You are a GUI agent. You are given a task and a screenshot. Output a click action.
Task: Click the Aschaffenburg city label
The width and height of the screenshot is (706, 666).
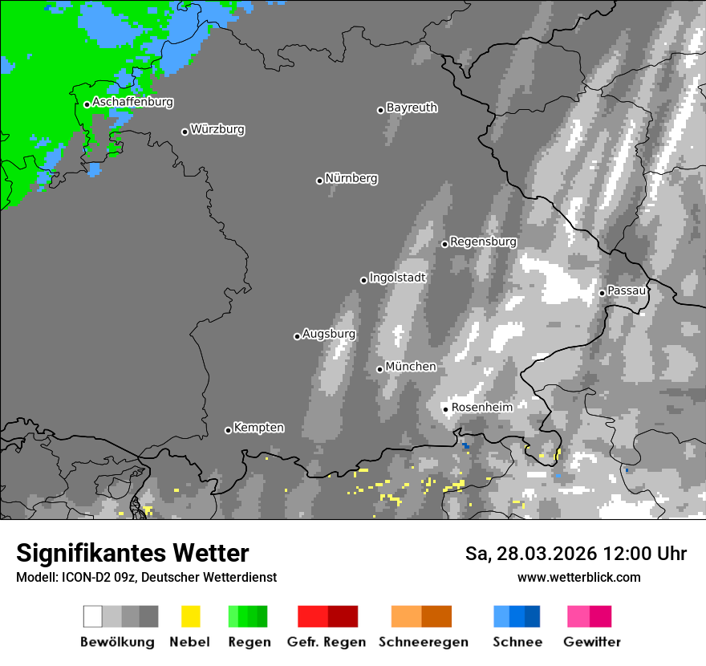pyautogui.click(x=132, y=103)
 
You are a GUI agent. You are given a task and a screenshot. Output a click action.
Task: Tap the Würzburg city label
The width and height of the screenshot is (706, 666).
pyautogui.click(x=217, y=129)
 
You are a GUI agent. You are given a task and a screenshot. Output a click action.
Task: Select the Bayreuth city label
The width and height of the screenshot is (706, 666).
pyautogui.click(x=412, y=108)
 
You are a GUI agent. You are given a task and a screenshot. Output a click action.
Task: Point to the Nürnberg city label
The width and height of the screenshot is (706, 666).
pyautogui.click(x=351, y=178)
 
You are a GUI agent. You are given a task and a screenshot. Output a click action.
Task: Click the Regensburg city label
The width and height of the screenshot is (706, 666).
pyautogui.click(x=483, y=242)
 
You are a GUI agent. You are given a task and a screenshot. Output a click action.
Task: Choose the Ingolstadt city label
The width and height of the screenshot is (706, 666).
pyautogui.click(x=397, y=278)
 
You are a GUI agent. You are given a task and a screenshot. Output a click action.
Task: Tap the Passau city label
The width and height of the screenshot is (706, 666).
pyautogui.click(x=627, y=290)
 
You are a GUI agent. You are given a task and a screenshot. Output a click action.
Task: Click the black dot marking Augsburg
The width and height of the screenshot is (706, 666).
pyautogui.click(x=297, y=336)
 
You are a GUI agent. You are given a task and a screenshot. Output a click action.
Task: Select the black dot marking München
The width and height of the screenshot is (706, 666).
pyautogui.click(x=380, y=369)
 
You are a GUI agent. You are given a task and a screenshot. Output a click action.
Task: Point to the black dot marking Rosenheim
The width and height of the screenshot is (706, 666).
pyautogui.click(x=446, y=409)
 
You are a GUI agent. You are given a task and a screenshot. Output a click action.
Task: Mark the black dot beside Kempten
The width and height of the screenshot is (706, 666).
pyautogui.click(x=228, y=430)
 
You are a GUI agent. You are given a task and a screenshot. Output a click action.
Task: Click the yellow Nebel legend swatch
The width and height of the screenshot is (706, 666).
pyautogui.click(x=191, y=616)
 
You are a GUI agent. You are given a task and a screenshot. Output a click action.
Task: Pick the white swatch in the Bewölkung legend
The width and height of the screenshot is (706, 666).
pyautogui.click(x=93, y=616)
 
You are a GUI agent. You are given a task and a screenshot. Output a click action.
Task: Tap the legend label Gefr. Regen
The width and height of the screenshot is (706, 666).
pyautogui.click(x=327, y=642)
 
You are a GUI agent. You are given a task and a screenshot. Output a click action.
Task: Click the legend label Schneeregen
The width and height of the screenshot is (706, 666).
pyautogui.click(x=424, y=642)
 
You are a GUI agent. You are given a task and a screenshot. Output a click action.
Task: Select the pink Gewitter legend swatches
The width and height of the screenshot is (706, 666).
pyautogui.click(x=589, y=616)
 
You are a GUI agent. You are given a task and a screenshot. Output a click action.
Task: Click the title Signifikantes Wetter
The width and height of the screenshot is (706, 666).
pyautogui.click(x=132, y=554)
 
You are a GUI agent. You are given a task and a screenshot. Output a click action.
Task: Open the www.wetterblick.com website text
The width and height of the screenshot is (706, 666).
pyautogui.click(x=578, y=577)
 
